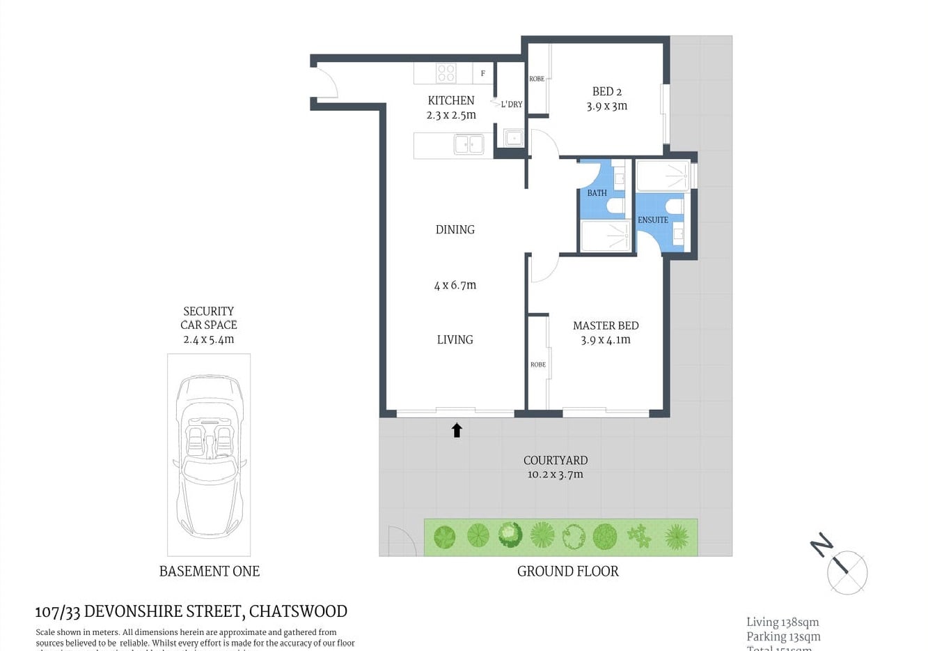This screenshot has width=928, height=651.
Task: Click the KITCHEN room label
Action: point(450,100)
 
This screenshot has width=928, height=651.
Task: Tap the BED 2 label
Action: point(606,91)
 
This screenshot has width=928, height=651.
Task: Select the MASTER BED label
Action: point(605,325)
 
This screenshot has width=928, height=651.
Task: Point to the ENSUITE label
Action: point(652,220)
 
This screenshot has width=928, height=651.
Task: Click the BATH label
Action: point(597,193)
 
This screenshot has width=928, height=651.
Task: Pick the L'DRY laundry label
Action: point(511,105)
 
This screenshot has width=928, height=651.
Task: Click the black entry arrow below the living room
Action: point(457,430)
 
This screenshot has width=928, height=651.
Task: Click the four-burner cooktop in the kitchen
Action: point(446,72)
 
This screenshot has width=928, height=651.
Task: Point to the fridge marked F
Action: point(482,73)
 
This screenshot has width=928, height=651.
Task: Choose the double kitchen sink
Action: point(469,144)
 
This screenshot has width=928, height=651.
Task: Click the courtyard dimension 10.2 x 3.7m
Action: point(555,475)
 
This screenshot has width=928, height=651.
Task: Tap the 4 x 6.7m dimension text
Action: point(455,285)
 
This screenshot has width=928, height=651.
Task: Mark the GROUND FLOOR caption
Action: point(567,571)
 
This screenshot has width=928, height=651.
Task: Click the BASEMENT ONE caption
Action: point(209,571)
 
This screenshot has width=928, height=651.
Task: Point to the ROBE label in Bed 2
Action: point(537,79)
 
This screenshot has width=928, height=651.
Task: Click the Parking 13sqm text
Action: point(783,636)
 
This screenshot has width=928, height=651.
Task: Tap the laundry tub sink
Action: point(514,138)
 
